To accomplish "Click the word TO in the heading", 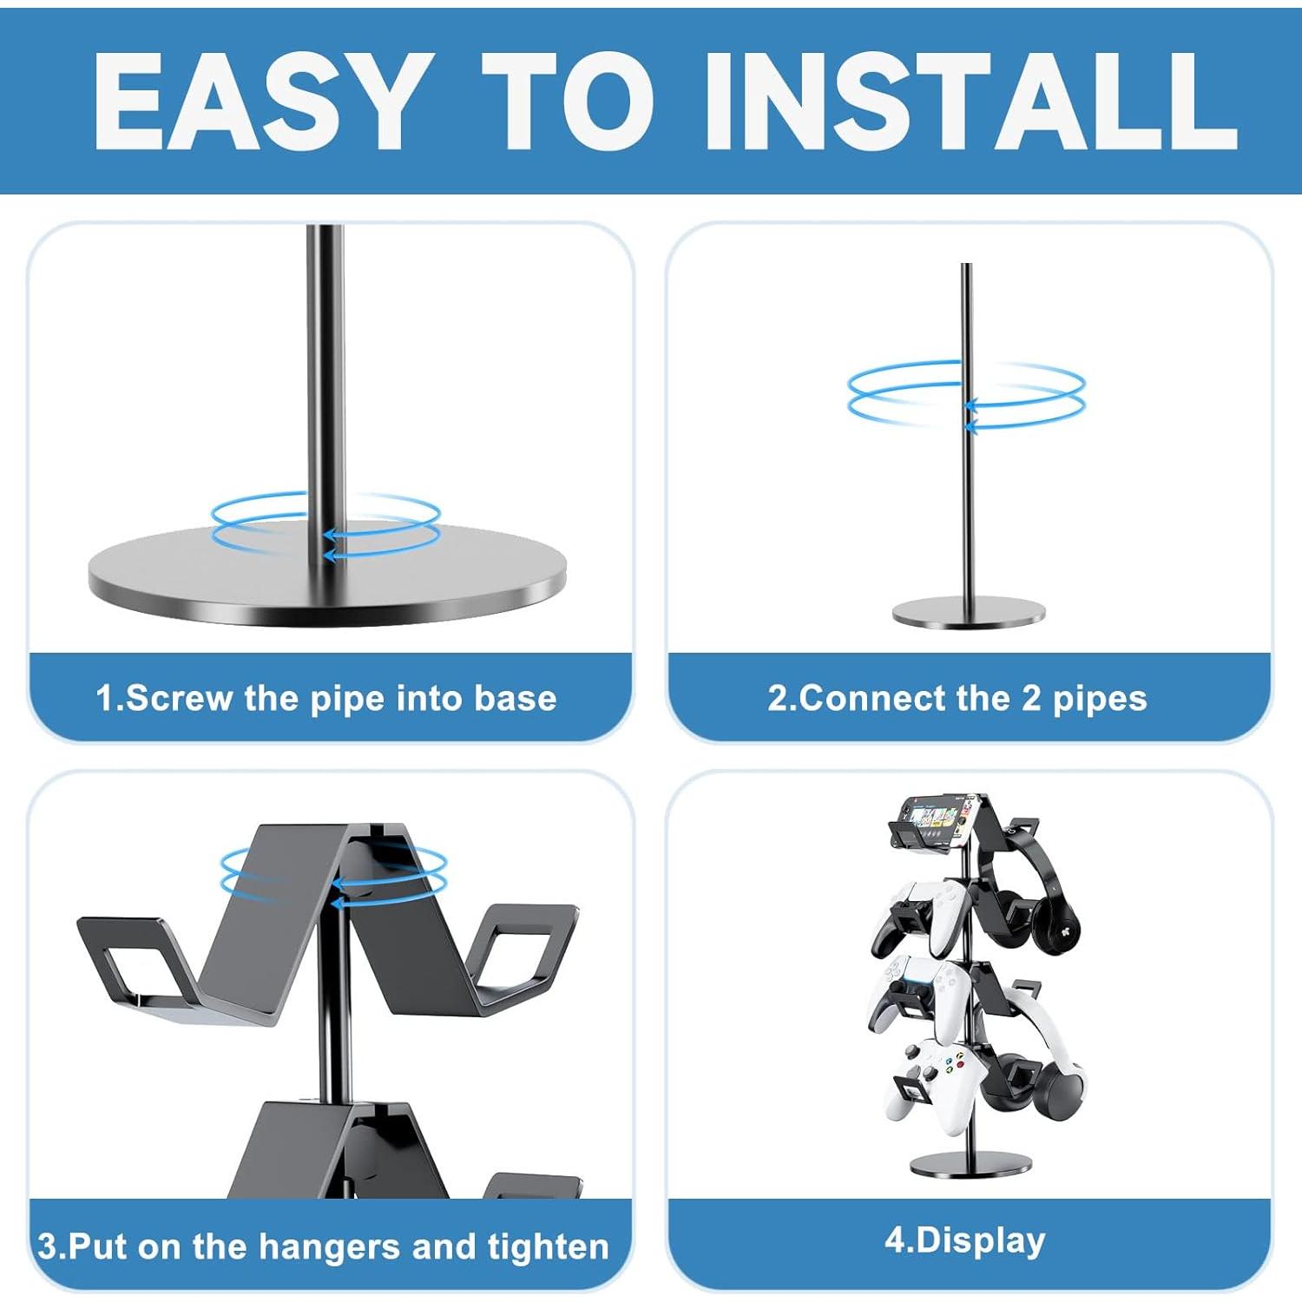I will [x=569, y=102].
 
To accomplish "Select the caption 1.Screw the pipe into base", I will [x=326, y=699].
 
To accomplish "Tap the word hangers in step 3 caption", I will [x=331, y=1246].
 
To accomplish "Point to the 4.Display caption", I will [x=965, y=1240].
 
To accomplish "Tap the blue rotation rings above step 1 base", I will [x=326, y=524].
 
